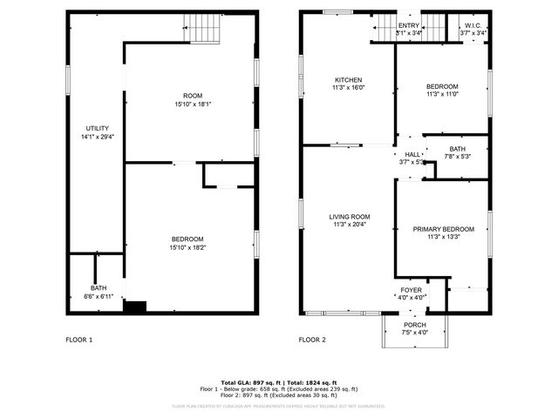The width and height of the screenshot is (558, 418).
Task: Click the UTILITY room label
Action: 97,128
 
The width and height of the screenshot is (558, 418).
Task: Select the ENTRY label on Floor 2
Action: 408,26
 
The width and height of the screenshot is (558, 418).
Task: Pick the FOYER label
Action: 412,290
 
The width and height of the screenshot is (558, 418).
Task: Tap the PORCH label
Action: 414,325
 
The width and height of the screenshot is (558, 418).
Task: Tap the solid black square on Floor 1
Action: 134,306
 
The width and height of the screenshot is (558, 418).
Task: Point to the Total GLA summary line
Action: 278,383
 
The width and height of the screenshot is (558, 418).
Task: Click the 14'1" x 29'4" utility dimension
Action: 97,137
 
